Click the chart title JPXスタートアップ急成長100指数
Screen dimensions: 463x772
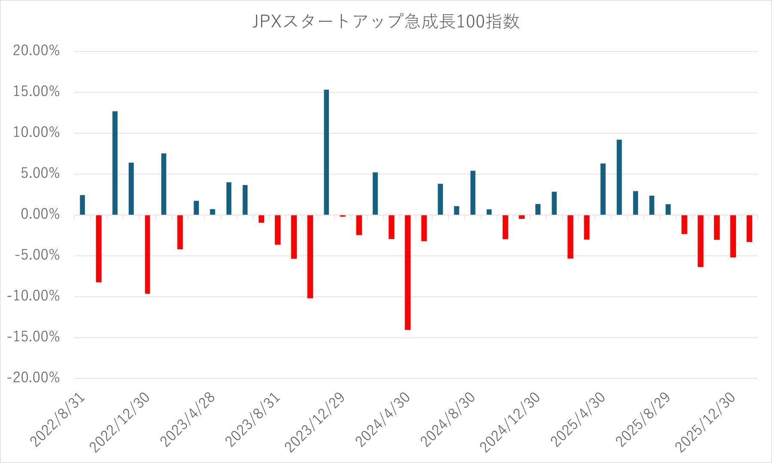click(386, 21)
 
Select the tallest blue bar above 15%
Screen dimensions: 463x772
click(326, 152)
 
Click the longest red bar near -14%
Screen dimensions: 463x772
click(407, 272)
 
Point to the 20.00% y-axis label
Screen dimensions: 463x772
click(36, 51)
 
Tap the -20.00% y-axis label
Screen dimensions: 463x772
click(33, 378)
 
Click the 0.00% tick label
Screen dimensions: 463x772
click(40, 214)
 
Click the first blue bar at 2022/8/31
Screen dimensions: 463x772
click(82, 205)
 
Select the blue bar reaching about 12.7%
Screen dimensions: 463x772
click(115, 163)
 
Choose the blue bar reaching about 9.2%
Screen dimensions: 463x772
click(619, 177)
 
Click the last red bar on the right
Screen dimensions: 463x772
click(749, 228)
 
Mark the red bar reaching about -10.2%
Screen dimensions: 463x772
click(310, 257)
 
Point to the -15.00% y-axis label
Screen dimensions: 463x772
click(33, 337)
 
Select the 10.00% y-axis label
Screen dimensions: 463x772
click(36, 133)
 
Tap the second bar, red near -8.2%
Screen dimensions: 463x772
click(99, 248)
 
